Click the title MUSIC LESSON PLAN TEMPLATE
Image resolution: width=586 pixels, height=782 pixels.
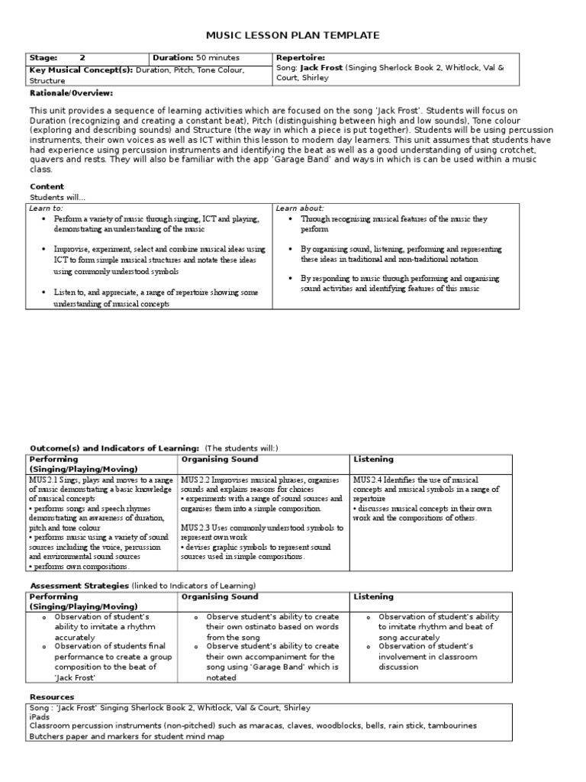tap(293, 35)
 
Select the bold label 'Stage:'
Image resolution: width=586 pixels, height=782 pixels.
tap(43, 58)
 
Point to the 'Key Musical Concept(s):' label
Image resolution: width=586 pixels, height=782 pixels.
tap(80, 69)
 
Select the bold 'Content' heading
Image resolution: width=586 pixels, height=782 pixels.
tap(47, 186)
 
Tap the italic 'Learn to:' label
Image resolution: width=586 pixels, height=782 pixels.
tap(47, 208)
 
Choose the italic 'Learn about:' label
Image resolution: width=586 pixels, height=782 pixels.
tap(300, 208)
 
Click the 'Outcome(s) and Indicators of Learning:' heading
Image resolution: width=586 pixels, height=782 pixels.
tap(114, 447)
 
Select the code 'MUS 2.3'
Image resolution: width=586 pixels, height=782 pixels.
tap(197, 527)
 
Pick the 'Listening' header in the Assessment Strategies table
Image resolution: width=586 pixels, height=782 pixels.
tap(373, 596)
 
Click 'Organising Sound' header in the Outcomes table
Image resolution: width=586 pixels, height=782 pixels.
tap(220, 459)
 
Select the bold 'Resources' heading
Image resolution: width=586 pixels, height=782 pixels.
tap(52, 696)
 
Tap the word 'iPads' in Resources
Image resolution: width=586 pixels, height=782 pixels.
tap(39, 717)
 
